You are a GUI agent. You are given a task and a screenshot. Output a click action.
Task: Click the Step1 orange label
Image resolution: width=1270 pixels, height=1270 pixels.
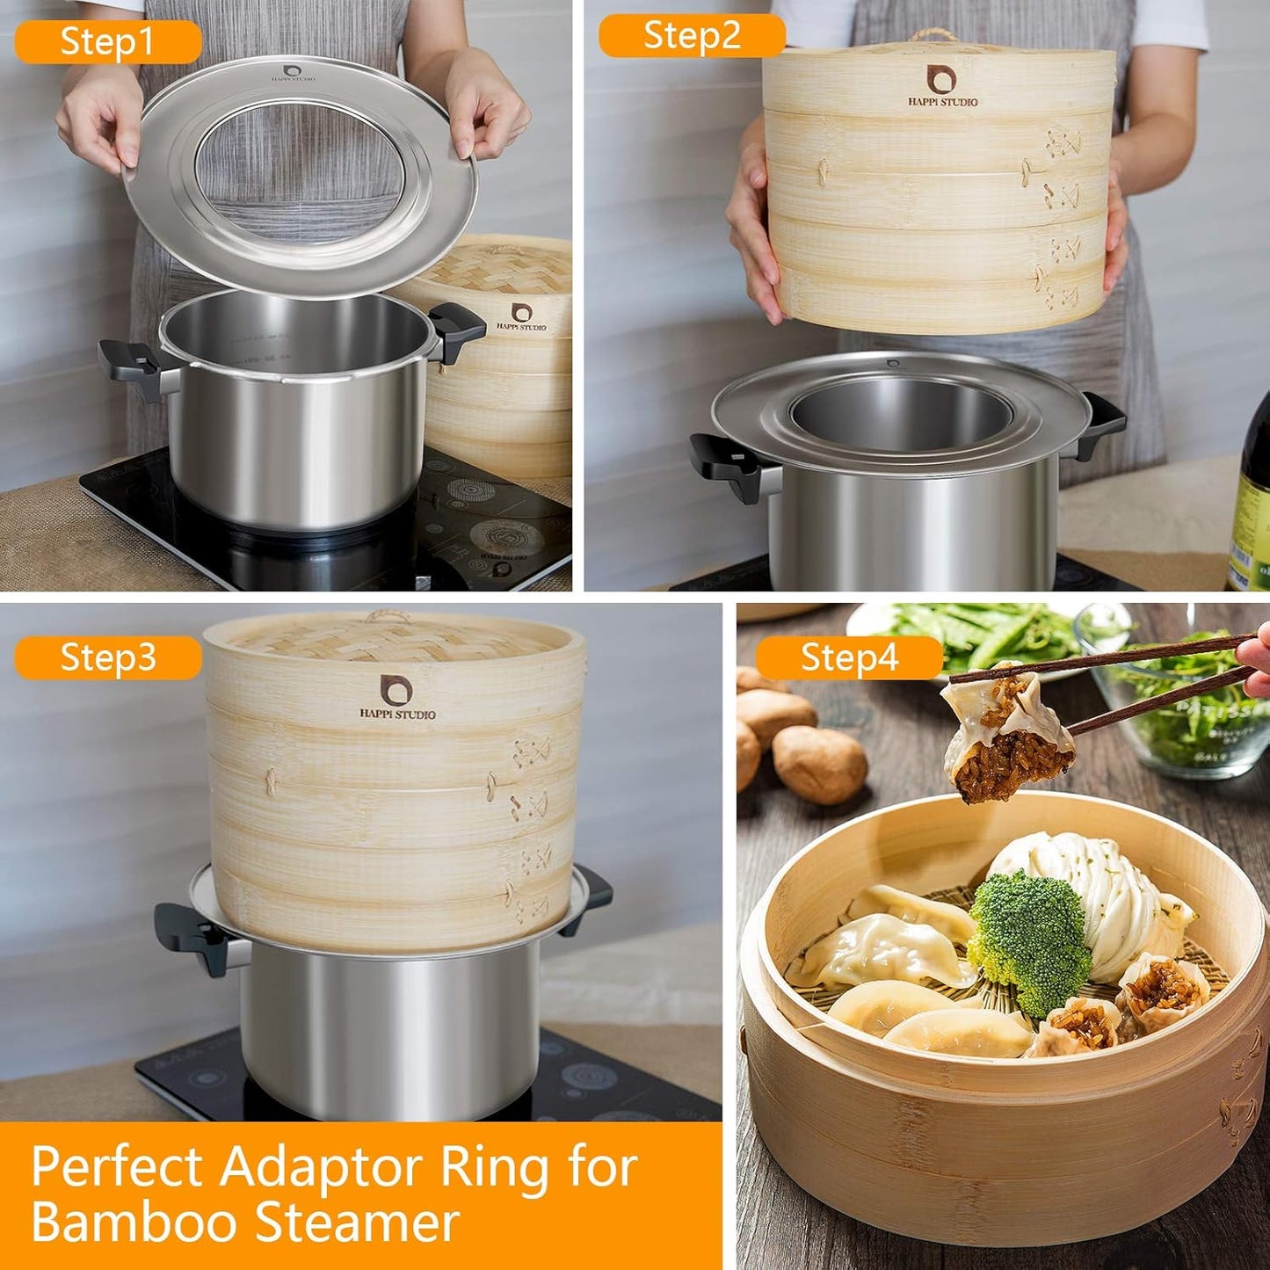pyautogui.click(x=107, y=41)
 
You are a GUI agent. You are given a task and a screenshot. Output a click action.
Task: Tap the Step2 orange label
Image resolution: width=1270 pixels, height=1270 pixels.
pyautogui.click(x=692, y=36)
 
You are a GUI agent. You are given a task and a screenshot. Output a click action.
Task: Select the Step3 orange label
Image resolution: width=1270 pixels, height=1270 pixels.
pyautogui.click(x=107, y=657)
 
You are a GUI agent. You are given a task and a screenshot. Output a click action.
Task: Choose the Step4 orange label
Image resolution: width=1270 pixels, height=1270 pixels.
pyautogui.click(x=849, y=657)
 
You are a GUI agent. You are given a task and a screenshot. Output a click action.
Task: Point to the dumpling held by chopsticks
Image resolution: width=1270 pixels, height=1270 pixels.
pyautogui.click(x=1006, y=735)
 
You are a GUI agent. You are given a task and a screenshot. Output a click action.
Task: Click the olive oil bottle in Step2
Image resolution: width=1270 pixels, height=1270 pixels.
pyautogui.click(x=1249, y=510)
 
